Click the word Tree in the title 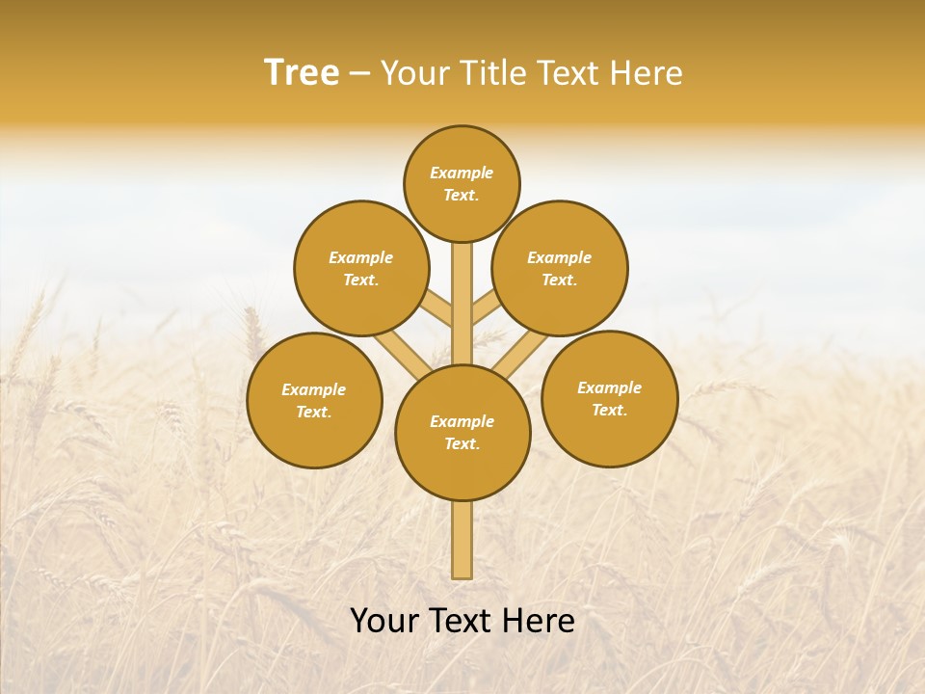(302, 73)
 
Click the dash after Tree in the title (359, 74)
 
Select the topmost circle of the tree (462, 183)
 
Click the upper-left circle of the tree (360, 268)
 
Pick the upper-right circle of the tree (560, 268)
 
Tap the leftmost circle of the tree (314, 400)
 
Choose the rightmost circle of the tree (609, 398)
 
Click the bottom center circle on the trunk (462, 432)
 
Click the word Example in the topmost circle (462, 173)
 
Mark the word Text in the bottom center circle (461, 443)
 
